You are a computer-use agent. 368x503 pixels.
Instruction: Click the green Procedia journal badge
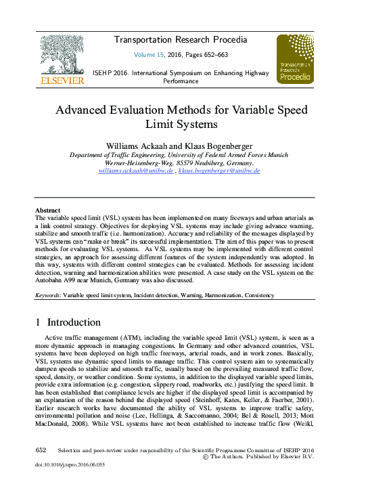(x=294, y=60)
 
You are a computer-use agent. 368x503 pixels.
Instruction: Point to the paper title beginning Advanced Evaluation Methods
(x=181, y=116)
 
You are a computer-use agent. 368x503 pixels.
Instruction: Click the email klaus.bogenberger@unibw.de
(x=219, y=171)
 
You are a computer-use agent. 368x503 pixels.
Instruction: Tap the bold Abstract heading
(x=47, y=211)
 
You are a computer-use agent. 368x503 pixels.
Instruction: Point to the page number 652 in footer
(x=41, y=450)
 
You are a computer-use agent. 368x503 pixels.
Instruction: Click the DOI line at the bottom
(x=70, y=466)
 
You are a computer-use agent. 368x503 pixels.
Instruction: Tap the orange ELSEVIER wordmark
(x=63, y=81)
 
